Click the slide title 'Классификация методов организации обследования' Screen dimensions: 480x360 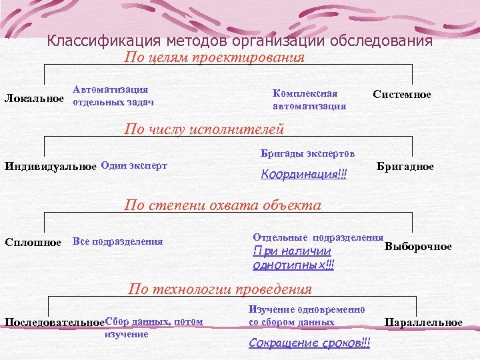[240, 41]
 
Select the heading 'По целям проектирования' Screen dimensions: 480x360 [215, 57]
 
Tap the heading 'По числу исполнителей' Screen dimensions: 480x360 [205, 129]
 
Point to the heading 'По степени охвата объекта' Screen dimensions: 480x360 [223, 205]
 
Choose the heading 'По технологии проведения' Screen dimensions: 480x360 [220, 289]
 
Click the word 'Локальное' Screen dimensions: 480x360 [35, 99]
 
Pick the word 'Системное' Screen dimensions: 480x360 [402, 95]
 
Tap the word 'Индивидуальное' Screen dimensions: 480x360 [50, 166]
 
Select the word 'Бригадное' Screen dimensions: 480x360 [405, 166]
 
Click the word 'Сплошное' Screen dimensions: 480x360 [33, 241]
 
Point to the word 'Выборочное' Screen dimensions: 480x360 [418, 247]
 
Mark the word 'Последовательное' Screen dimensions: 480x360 [55, 323]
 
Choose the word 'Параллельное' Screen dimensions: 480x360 [423, 323]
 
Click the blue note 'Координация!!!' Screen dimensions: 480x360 [304, 175]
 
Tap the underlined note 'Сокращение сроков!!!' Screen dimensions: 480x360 [309, 343]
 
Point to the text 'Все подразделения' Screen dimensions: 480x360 [117, 241]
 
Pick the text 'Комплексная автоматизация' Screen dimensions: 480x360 [309, 99]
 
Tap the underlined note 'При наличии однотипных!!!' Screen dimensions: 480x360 [293, 258]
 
